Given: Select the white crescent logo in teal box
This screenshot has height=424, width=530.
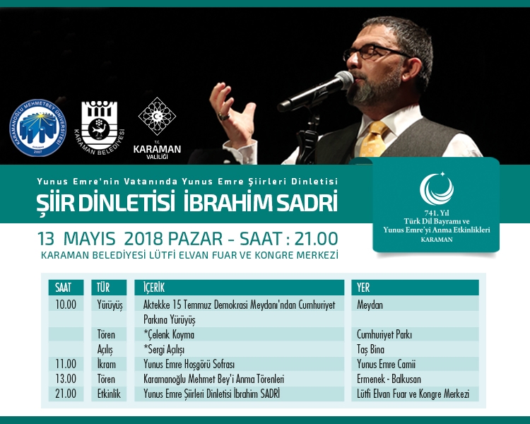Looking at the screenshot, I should click(436, 189).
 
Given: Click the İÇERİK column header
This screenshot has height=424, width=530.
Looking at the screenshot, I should click(156, 288).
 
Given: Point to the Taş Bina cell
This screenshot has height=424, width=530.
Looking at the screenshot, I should click(375, 349).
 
